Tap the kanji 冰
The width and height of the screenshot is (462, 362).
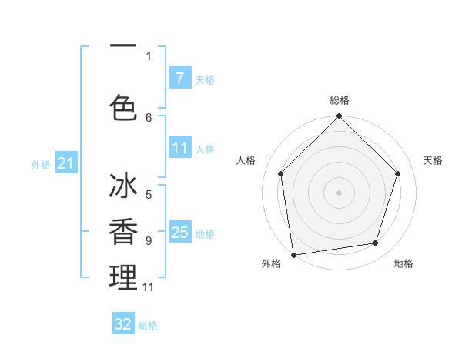[122, 188]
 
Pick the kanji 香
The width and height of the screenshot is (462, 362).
[122, 233]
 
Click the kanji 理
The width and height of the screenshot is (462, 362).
[122, 277]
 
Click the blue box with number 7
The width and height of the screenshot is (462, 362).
[179, 78]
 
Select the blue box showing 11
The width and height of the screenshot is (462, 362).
[179, 148]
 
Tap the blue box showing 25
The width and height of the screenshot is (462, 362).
[179, 233]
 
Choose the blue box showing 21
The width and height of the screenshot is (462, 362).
[65, 163]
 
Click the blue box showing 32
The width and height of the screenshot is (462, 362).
[123, 324]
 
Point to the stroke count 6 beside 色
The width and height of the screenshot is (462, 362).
[149, 117]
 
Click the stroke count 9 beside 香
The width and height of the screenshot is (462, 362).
[149, 240]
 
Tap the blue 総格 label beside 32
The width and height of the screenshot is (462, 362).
[148, 326]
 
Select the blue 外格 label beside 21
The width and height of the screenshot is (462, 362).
[41, 164]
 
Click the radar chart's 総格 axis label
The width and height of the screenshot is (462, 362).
[339, 100]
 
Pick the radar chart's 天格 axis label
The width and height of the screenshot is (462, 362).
[433, 160]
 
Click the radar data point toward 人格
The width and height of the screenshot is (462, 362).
[280, 173]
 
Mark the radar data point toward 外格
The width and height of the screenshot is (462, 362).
[293, 254]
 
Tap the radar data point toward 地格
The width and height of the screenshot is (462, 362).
[376, 243]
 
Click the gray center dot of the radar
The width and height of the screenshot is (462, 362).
[339, 192]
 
